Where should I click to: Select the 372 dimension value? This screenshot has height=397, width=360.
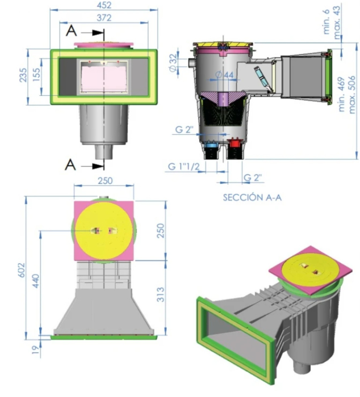(103, 18)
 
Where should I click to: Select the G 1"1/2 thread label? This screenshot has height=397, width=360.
(185, 167)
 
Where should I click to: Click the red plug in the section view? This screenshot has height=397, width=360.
(233, 145)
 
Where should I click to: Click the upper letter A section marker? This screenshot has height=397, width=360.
(71, 32)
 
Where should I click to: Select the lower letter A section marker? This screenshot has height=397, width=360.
(70, 164)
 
